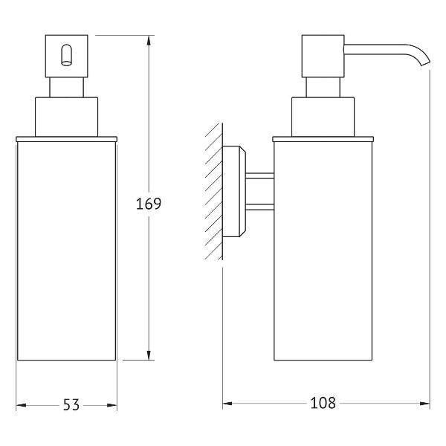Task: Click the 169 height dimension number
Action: coord(149,204)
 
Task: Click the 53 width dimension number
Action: coord(71,405)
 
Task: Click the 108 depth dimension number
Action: coord(323,403)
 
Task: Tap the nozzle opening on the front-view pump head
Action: coord(67,55)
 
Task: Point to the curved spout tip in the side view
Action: coord(425,64)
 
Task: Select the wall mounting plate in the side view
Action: coord(234,192)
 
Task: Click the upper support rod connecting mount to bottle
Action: coord(259,175)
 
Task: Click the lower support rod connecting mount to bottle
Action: coord(259,207)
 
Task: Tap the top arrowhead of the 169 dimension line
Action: coord(149,41)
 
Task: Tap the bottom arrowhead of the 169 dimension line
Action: coord(149,355)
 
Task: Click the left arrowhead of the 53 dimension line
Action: coord(22,405)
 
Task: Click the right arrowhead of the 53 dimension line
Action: coord(111,405)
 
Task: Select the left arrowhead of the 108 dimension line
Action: coord(227,404)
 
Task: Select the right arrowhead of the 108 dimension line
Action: coord(424,404)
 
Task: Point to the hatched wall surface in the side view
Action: coord(214,192)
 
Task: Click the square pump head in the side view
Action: coord(323,56)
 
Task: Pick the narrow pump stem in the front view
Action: coord(67,87)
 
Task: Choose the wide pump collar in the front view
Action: coord(67,117)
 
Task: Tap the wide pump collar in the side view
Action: coord(323,117)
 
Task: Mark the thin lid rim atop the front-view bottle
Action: coord(67,139)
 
